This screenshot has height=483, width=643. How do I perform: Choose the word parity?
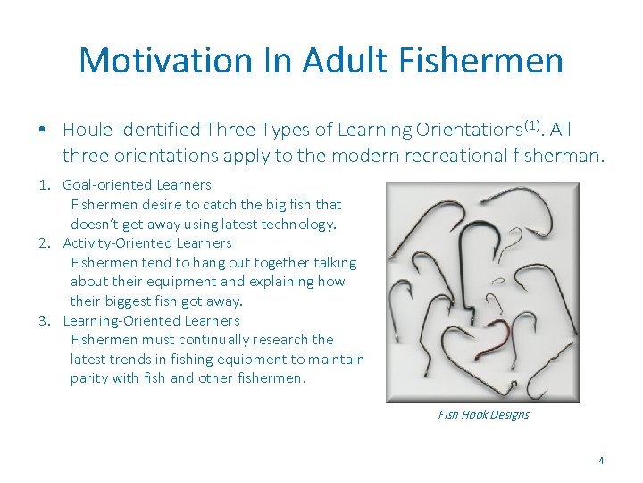(x=90, y=378)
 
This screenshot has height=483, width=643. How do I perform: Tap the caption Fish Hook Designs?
(x=483, y=415)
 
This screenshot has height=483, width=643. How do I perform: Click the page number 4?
(x=601, y=462)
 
